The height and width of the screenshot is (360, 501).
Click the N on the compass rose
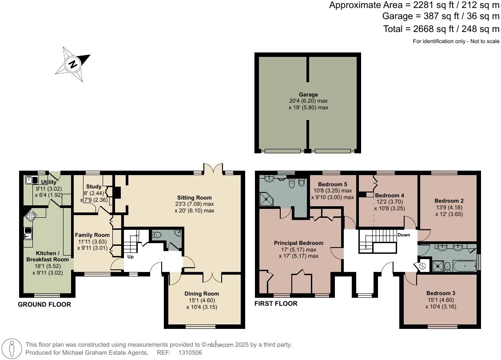[72, 64]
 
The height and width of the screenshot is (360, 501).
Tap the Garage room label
[308, 95]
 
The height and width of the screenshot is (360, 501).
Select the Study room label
[94, 187]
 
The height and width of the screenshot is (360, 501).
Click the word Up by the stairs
[131, 257]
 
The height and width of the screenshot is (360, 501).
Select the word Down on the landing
[404, 235]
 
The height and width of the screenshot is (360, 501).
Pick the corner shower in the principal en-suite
[268, 200]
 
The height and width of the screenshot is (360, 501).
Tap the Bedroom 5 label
[333, 184]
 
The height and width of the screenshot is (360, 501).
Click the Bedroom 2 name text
[449, 200]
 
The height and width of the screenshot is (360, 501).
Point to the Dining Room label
[202, 294]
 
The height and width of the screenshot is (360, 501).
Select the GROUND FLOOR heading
[44, 304]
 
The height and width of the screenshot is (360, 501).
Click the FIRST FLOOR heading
[276, 304]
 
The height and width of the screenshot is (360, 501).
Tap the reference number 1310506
[190, 352]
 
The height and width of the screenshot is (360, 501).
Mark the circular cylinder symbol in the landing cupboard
[422, 266]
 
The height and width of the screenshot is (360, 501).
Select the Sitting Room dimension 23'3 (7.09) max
[195, 204]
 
